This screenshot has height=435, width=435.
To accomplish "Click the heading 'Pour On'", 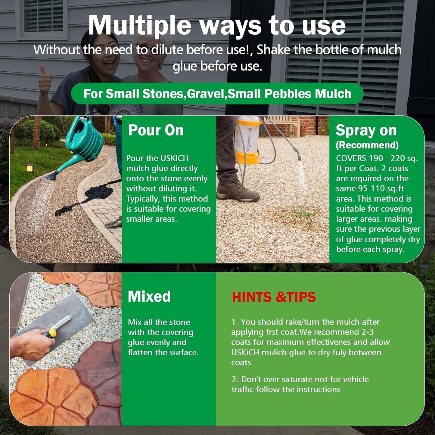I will (156, 130).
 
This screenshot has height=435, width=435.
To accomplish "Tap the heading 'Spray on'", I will (366, 130).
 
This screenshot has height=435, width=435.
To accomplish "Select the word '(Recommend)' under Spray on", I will (367, 145).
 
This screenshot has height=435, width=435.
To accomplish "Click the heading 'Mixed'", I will (149, 296).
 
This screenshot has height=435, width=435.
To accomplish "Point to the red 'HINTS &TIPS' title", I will (274, 297).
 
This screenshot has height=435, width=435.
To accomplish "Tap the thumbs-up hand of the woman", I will (45, 80).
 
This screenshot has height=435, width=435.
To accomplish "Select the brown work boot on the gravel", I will (238, 191).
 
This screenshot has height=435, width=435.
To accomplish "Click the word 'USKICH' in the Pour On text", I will (174, 158).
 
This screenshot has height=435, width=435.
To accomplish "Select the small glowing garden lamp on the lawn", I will (30, 168).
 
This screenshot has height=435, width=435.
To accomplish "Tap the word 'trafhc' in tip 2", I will (242, 389).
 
